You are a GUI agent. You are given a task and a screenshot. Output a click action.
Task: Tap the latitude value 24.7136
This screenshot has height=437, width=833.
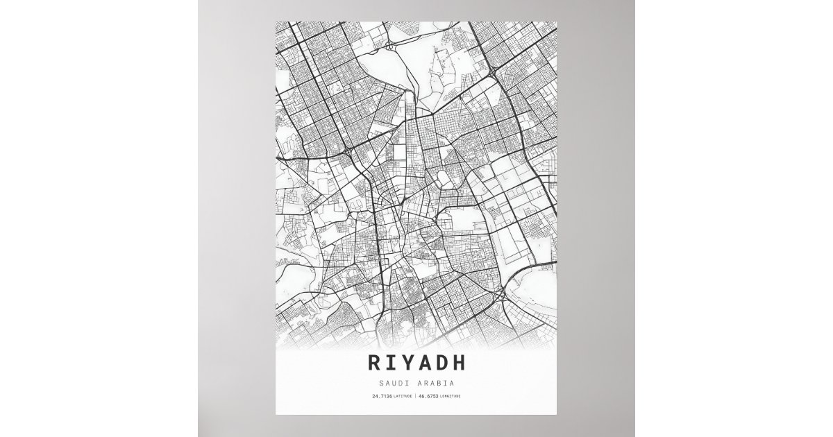point(382,396)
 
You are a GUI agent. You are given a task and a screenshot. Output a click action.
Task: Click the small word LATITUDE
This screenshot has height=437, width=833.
point(402,396)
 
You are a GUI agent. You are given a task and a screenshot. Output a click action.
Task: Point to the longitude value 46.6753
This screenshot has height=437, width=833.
point(428,396)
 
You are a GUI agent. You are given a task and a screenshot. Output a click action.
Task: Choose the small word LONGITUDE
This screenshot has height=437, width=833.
point(450,396)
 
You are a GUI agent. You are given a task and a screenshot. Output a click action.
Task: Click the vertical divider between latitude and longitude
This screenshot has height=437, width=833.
point(414,396)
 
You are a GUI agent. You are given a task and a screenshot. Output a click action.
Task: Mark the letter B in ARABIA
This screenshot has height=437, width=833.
point(439,382)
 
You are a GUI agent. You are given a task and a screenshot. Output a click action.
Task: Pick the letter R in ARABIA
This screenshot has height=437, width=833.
point(426,382)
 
